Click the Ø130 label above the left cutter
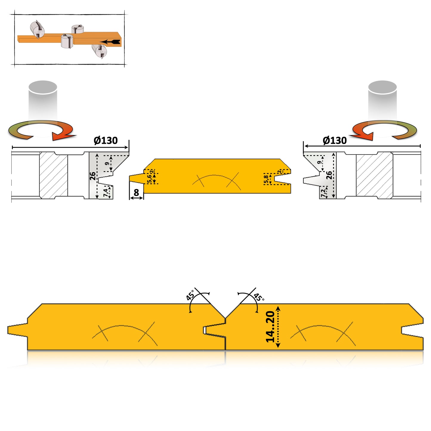(x=106, y=140)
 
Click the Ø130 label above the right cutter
(x=335, y=140)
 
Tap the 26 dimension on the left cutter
(x=93, y=176)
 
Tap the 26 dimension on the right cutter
(x=329, y=175)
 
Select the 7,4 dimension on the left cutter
(x=106, y=193)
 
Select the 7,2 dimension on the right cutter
(x=323, y=193)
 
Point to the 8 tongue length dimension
(x=136, y=193)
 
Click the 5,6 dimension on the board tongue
(x=149, y=179)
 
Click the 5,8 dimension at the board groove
(x=266, y=179)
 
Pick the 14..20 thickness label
(x=270, y=327)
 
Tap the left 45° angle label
(x=190, y=295)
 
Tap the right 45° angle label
(x=259, y=297)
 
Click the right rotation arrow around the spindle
(x=385, y=130)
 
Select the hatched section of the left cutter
(x=54, y=175)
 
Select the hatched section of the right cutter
(x=374, y=175)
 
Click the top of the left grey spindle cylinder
(x=43, y=87)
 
